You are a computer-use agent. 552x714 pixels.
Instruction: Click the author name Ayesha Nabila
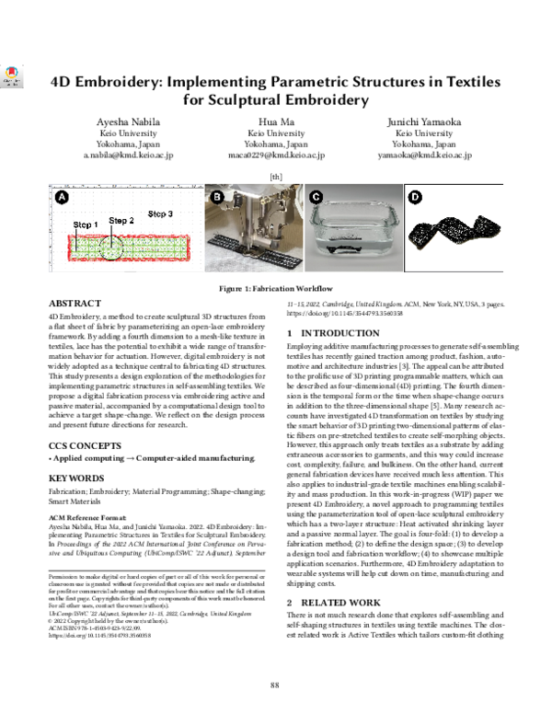coord(128,121)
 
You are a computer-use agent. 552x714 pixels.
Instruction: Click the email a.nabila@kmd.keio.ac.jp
coord(128,156)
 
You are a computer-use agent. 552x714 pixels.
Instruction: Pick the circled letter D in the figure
coord(414,197)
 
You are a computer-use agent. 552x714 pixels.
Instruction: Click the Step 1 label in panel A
coord(86,225)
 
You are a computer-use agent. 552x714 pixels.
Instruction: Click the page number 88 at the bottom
coord(274,684)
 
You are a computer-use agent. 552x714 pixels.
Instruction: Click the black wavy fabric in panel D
coord(457,236)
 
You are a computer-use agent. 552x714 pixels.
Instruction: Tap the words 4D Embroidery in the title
coord(102,80)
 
